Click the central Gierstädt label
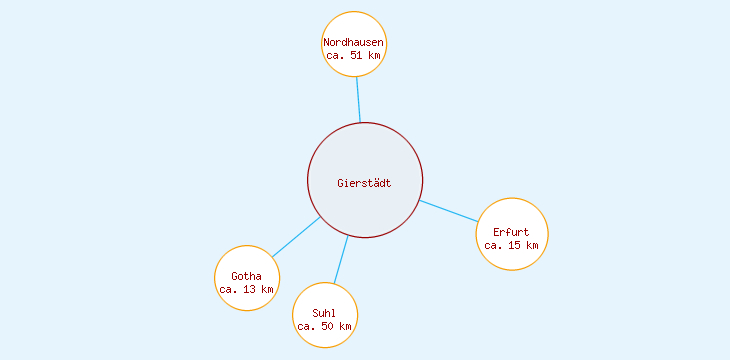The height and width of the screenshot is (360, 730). pos(364,182)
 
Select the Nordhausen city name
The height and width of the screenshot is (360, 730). pos(354,42)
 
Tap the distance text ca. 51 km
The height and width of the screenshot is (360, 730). pos(354,56)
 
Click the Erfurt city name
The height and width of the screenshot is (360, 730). pos(511,232)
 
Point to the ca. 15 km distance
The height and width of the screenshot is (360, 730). pos(511,246)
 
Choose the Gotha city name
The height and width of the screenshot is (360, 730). pos(246,276)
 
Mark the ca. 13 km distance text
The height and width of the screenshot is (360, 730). pos(246,290)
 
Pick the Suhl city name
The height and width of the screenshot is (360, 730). pos(324,313)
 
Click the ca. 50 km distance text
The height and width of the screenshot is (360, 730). pos(324,327)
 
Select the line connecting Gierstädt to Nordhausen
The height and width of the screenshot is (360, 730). pos(358,100)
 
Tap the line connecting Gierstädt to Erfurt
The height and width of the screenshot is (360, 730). pos(449,211)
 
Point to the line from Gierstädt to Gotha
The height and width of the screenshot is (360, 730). pos(296,237)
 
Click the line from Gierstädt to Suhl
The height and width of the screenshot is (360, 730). pos(341,260)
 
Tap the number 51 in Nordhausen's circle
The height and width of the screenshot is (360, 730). pos(357,56)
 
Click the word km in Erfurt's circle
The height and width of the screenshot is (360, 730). pos(532,246)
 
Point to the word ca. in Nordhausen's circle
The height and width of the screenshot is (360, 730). pos(335,56)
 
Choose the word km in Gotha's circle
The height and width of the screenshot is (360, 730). pos(267,290)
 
